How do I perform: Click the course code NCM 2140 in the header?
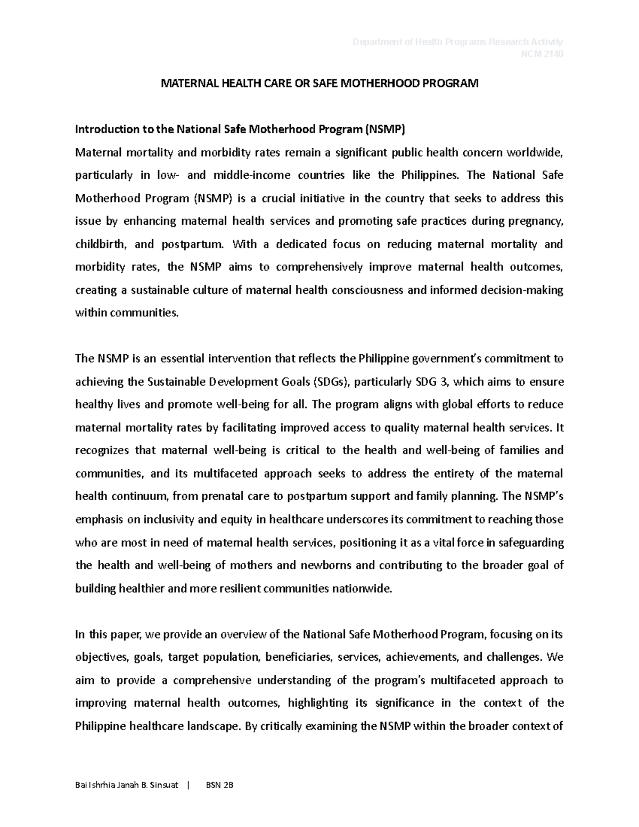pyautogui.click(x=544, y=54)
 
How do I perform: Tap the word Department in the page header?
pyautogui.click(x=375, y=42)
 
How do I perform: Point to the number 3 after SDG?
pyautogui.click(x=440, y=382)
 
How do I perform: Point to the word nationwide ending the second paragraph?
pyautogui.click(x=362, y=588)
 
